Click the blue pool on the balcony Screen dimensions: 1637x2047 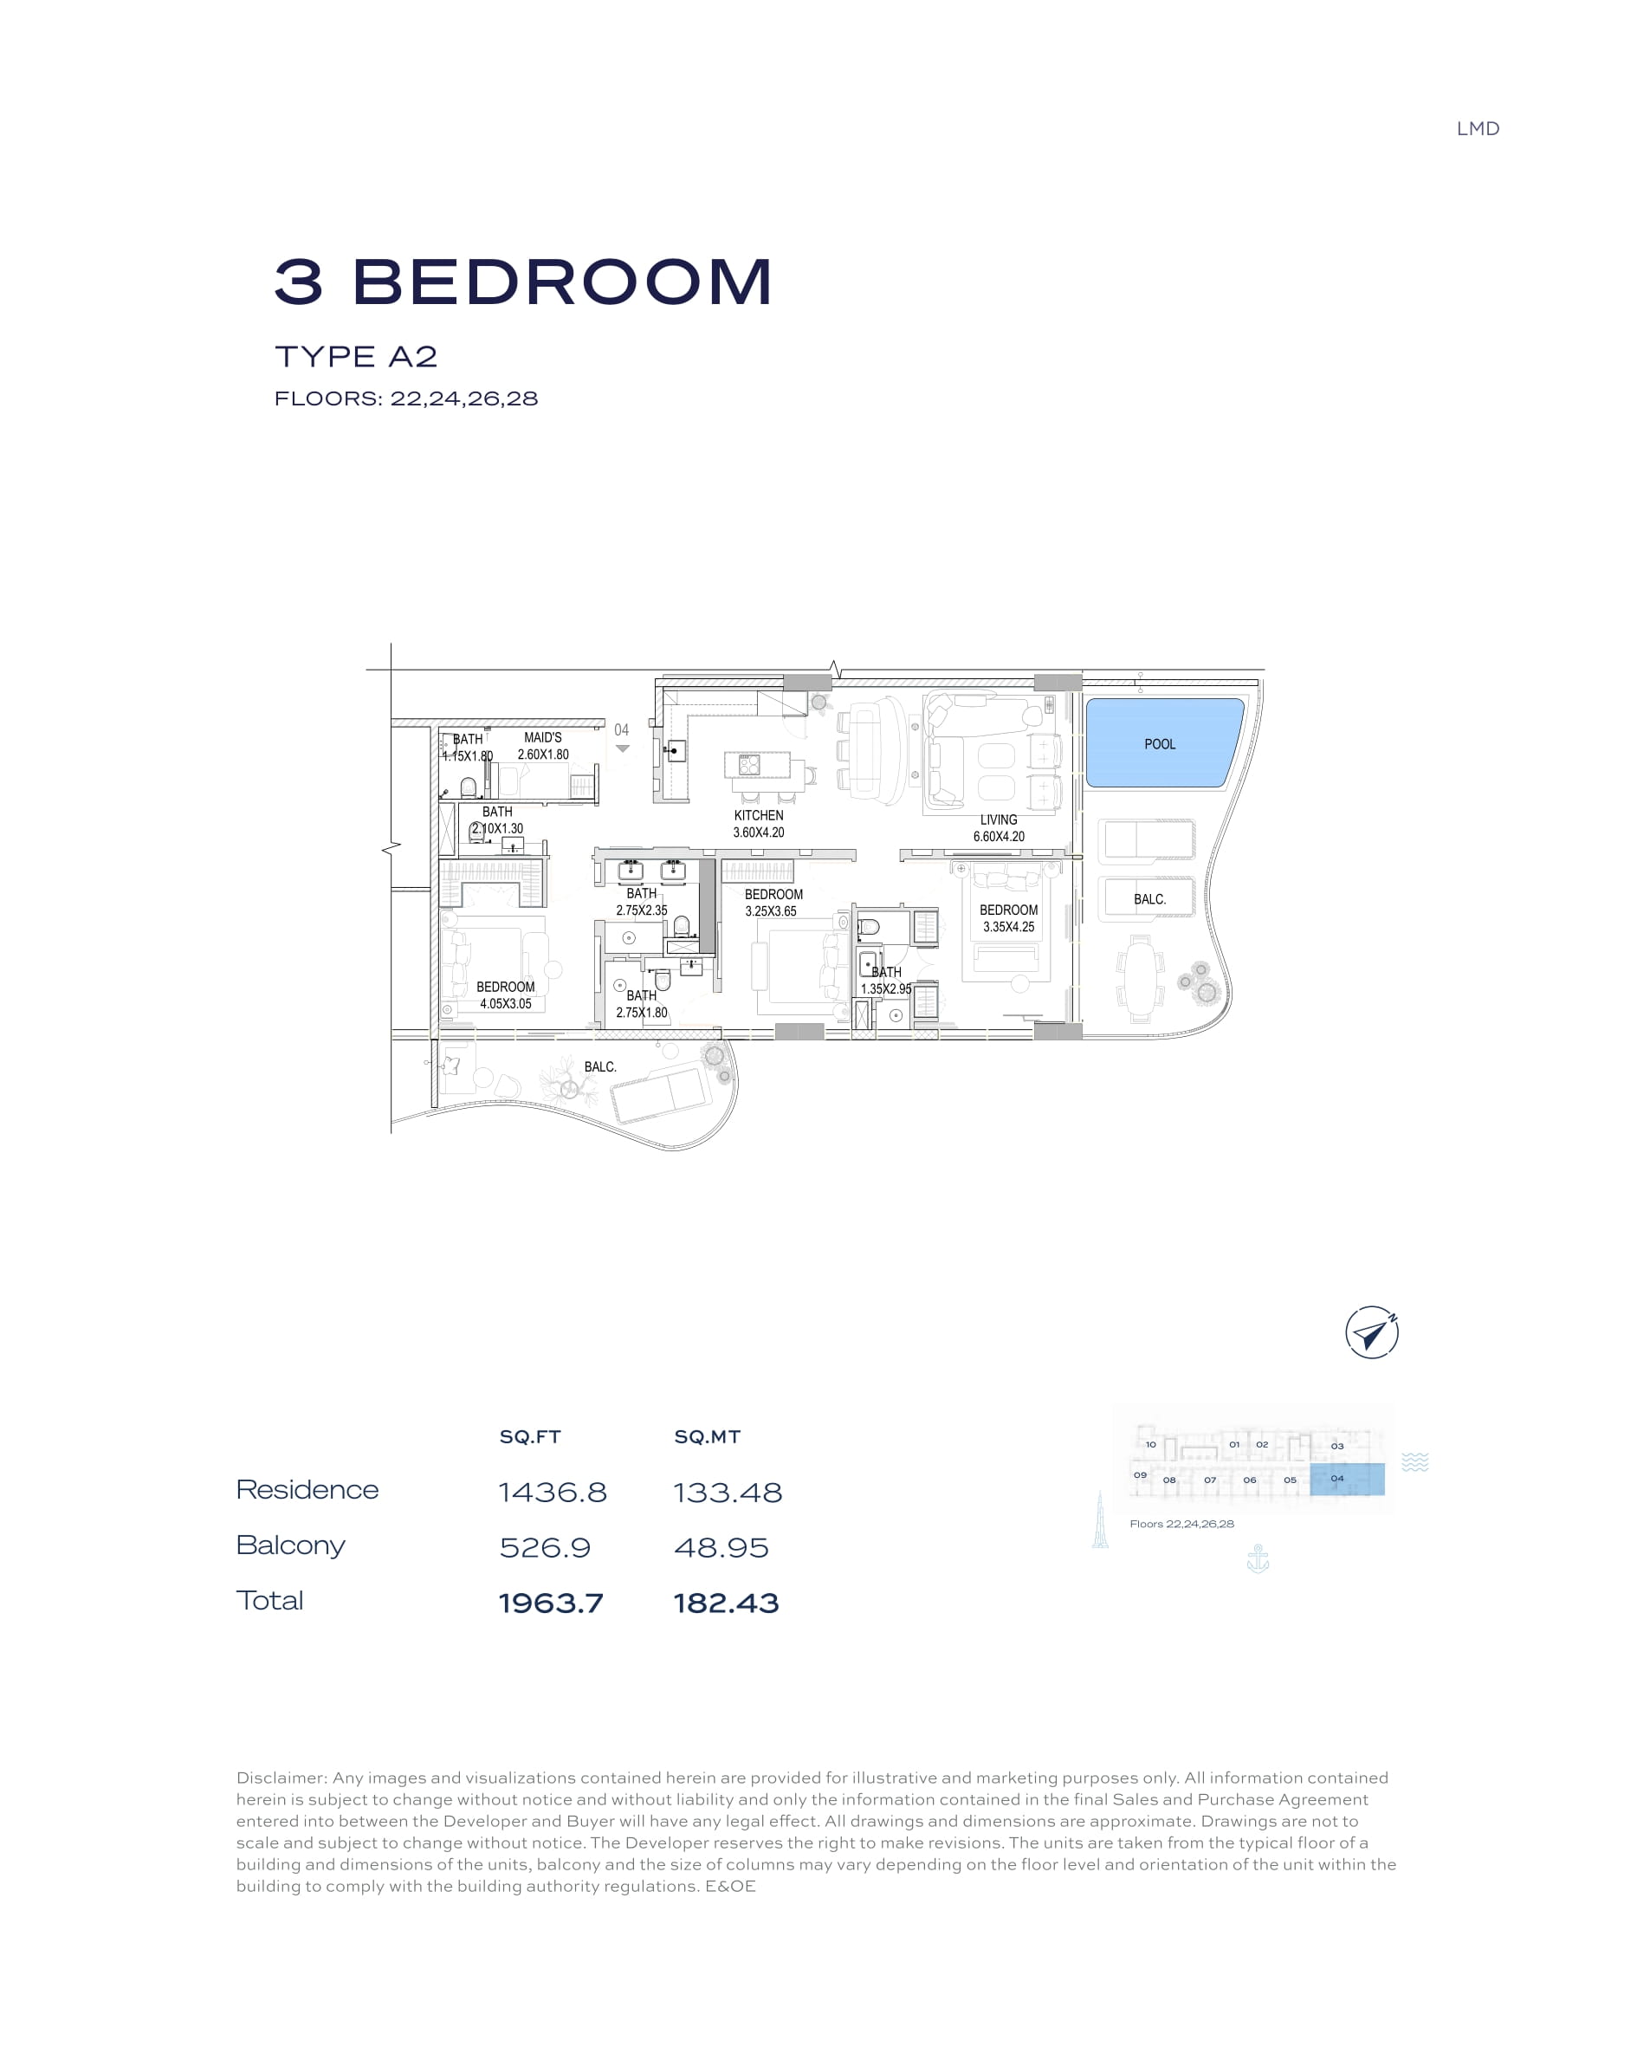(1163, 742)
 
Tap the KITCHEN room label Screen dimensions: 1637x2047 (759, 815)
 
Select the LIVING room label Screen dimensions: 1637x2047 (998, 819)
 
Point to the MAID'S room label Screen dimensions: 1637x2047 (543, 738)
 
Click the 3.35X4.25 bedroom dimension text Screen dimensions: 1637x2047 (1008, 927)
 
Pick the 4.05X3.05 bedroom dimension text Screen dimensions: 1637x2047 (505, 1003)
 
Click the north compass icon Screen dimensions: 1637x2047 (1372, 1332)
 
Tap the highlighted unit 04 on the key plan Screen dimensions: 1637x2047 (1347, 1480)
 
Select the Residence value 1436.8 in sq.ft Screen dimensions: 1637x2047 (553, 1493)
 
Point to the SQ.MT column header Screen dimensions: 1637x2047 (708, 1436)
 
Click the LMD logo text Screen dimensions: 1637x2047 (1478, 129)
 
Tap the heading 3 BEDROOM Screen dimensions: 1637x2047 (523, 282)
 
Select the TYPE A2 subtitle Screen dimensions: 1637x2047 (356, 357)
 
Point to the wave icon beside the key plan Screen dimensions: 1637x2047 (1414, 1462)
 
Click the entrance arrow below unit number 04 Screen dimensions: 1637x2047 (622, 748)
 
